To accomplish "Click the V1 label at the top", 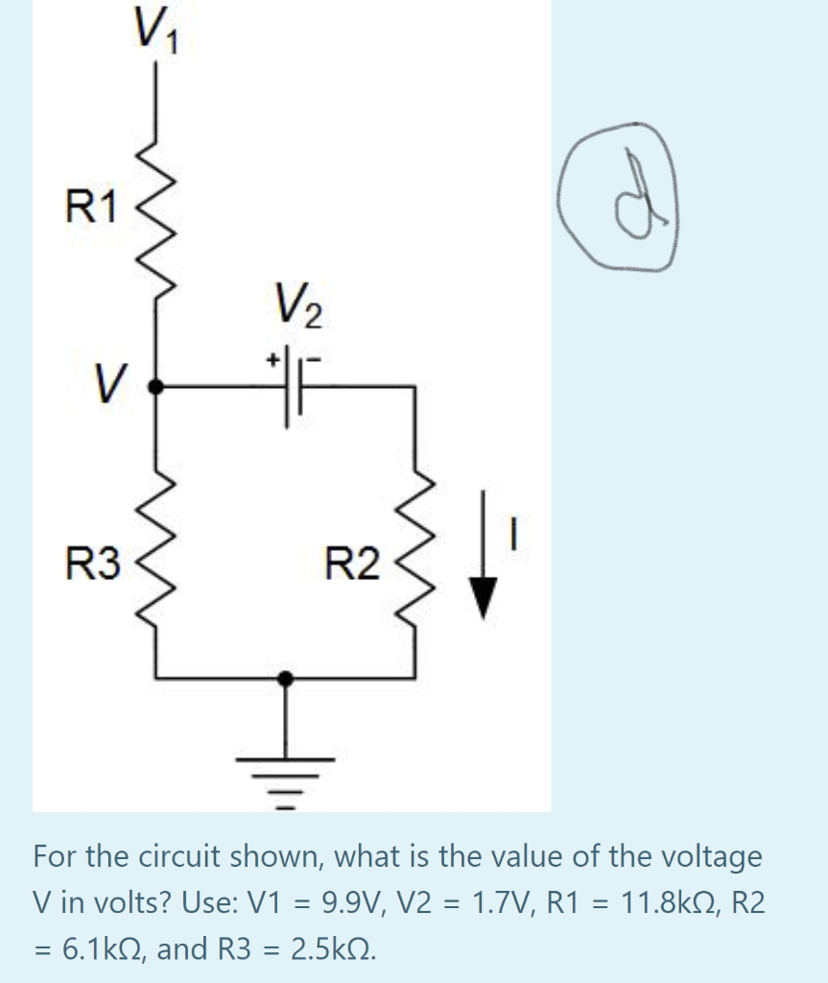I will click(x=153, y=36).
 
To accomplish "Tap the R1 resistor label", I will click(x=89, y=206).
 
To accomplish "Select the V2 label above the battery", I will click(x=300, y=307).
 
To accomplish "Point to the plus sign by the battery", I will click(x=273, y=359).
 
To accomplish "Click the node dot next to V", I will click(x=158, y=387).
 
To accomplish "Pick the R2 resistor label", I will click(x=351, y=563).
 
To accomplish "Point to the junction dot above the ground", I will click(x=285, y=678).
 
